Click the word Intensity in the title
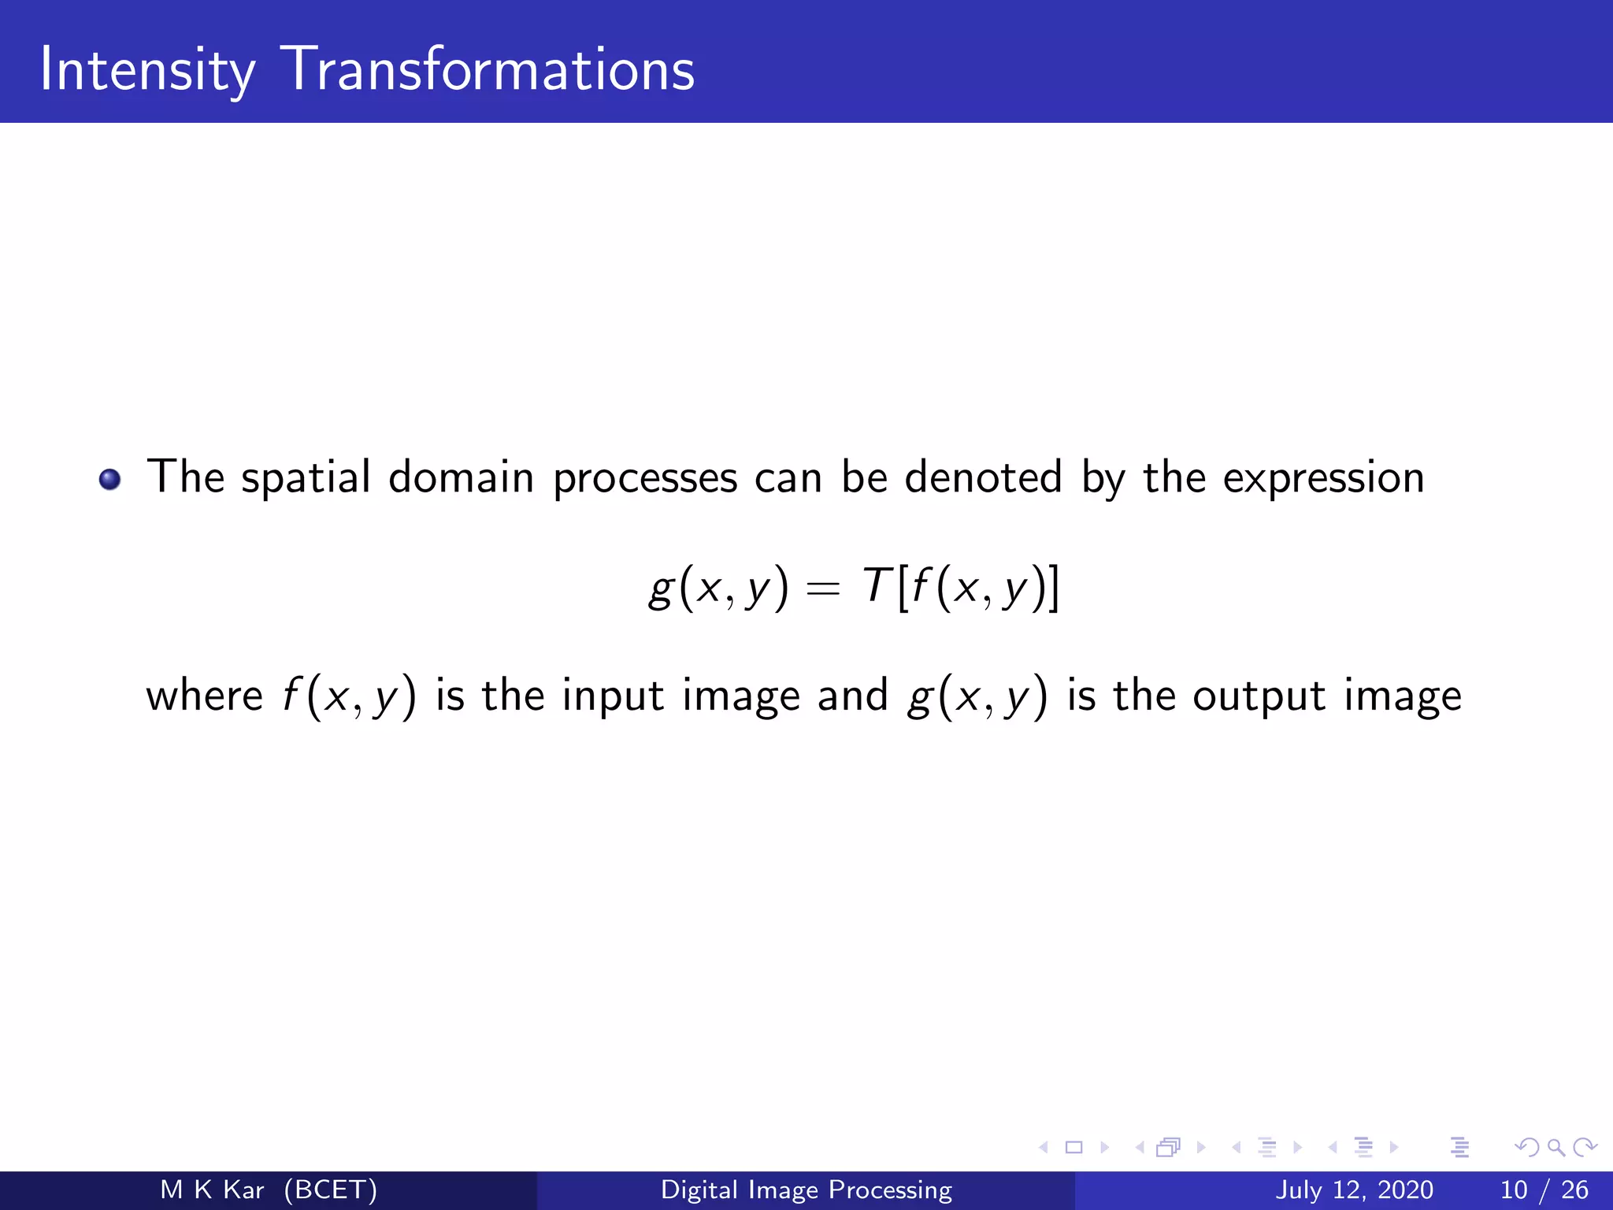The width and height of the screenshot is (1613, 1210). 147,71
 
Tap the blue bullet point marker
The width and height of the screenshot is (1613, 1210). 109,479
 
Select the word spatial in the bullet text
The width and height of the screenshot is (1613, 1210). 306,479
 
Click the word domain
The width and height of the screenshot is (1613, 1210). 461,477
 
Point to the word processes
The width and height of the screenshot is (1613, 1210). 645,479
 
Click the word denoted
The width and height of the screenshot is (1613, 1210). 984,477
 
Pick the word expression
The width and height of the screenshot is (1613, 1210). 1323,479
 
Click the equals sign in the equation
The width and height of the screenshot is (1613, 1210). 824,589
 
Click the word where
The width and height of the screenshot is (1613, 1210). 204,696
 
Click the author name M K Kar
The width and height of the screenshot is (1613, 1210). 212,1190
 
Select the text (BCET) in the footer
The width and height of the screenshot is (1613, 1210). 331,1190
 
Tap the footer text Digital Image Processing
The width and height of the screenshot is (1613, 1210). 806,1190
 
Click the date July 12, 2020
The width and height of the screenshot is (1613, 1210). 1354,1190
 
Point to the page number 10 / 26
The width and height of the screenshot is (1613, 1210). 1544,1190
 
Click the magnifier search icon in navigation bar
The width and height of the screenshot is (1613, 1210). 1556,1148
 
